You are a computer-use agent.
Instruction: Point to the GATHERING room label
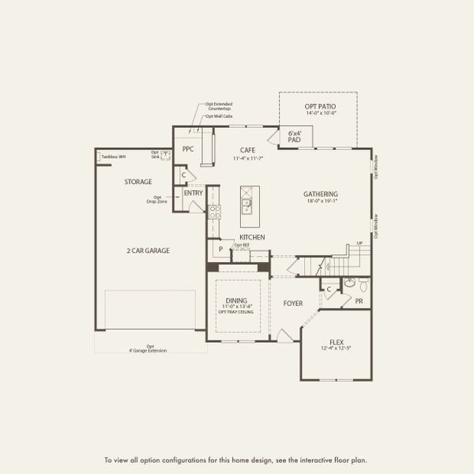tap(321, 194)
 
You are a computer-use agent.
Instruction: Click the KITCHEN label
tap(252, 237)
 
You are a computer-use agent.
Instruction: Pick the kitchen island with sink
tap(247, 202)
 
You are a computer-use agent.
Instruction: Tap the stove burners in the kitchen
tap(213, 210)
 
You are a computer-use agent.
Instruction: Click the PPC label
tap(188, 149)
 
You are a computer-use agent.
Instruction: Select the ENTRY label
tap(193, 193)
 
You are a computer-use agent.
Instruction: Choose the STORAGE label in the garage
tap(137, 182)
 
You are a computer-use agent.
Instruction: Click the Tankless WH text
tap(115, 156)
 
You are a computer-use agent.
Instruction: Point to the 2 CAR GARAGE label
tap(148, 250)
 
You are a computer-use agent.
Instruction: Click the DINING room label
tap(236, 301)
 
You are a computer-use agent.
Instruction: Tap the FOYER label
tap(293, 303)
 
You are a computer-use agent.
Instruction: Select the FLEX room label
tap(337, 342)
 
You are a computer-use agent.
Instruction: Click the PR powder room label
tap(359, 301)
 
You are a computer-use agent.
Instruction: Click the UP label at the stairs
tap(360, 243)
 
